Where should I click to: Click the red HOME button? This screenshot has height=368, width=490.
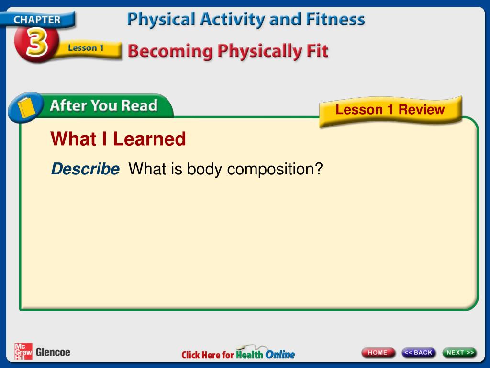coord(378,353)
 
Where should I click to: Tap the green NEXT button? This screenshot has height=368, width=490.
coord(459,353)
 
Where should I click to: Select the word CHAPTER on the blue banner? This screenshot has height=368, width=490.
coord(37,20)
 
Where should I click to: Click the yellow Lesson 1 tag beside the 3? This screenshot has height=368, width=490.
coord(86,48)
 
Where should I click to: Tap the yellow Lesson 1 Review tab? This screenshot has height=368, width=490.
coord(390,110)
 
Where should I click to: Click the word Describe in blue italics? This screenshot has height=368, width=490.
coord(85,169)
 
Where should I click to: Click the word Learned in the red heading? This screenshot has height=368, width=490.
coord(149,139)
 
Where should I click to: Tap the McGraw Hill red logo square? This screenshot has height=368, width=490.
coord(23,351)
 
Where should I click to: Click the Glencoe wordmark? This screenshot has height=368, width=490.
coord(53,352)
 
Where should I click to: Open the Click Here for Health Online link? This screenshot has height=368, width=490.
coord(238,354)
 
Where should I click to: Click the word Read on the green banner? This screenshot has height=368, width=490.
coord(139,105)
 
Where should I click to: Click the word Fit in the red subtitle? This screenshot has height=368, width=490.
coord(317,51)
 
